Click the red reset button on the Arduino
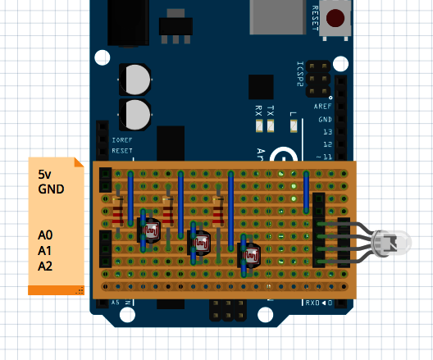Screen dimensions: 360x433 (x=335, y=18)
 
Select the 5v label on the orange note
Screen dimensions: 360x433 (x=45, y=175)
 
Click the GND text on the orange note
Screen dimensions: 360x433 (x=51, y=189)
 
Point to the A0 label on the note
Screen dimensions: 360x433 (x=45, y=235)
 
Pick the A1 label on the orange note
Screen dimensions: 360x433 (x=45, y=250)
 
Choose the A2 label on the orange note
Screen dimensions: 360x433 (x=45, y=266)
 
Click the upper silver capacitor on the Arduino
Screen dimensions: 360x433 (x=136, y=80)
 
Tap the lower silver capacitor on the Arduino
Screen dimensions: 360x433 (x=136, y=114)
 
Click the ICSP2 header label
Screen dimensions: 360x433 (x=300, y=74)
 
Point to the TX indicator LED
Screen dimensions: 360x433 (x=271, y=126)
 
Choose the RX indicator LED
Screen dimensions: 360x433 (x=259, y=126)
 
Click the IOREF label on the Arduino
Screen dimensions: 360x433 (x=121, y=140)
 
